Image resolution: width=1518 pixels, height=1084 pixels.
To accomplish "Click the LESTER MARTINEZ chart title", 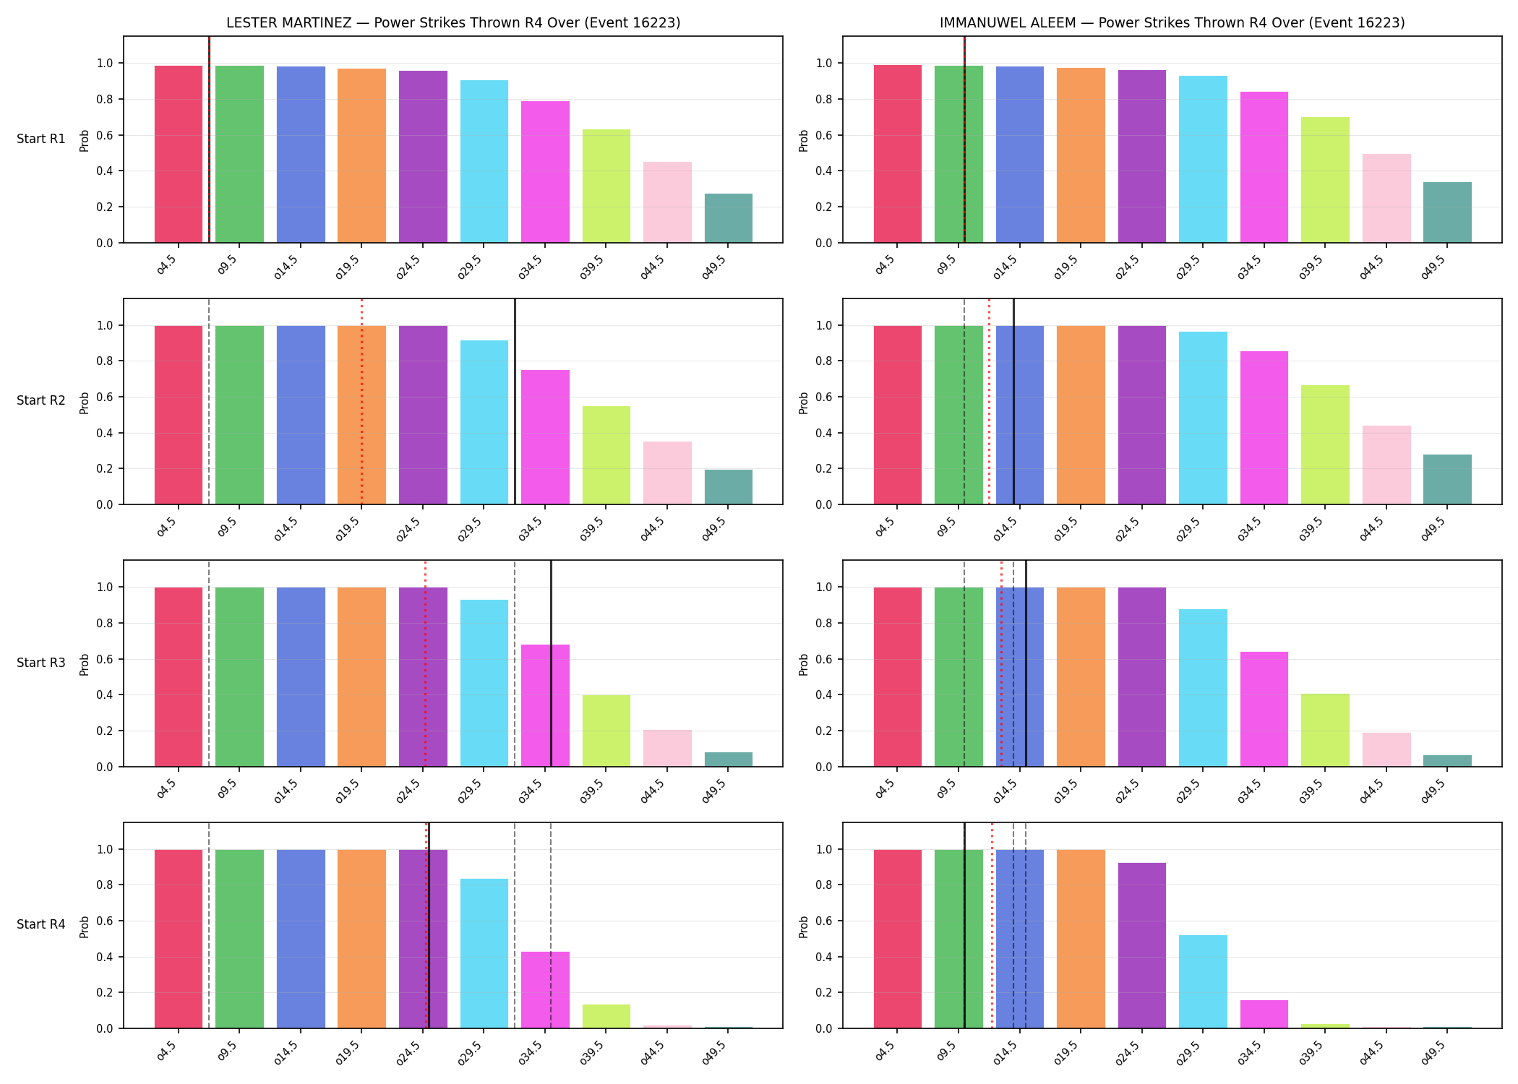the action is [453, 22].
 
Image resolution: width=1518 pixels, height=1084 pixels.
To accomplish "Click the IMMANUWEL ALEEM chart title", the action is [1172, 22].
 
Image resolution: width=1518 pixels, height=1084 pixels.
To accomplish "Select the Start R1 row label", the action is [41, 139].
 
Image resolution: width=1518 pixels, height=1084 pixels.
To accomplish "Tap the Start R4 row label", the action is [41, 924].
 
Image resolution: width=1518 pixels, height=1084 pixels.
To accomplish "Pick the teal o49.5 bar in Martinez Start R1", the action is [728, 218].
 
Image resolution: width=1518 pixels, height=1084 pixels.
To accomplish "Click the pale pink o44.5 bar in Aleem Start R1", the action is [1386, 198].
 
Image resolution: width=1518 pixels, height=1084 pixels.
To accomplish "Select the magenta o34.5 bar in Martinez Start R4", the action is [545, 990].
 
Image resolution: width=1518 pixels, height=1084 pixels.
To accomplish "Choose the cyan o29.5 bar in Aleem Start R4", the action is [1203, 981].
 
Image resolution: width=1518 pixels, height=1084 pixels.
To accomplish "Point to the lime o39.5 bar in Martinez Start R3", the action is [606, 731].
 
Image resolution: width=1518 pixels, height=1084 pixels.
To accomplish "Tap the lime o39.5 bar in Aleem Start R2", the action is [1325, 444].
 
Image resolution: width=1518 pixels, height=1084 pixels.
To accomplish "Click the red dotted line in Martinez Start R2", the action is [361, 401].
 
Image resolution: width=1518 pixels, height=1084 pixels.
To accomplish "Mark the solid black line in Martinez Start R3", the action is [551, 663].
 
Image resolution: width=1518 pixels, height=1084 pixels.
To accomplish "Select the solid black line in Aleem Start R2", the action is [1013, 401].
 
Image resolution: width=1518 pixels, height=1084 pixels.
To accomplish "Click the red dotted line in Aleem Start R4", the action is [992, 925].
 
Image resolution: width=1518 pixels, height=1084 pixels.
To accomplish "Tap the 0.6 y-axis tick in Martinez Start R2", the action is [105, 397].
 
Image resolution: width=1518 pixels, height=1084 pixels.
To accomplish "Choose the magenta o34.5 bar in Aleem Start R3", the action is [1264, 709].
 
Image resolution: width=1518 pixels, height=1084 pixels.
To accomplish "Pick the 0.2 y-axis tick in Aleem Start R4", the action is [824, 992].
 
